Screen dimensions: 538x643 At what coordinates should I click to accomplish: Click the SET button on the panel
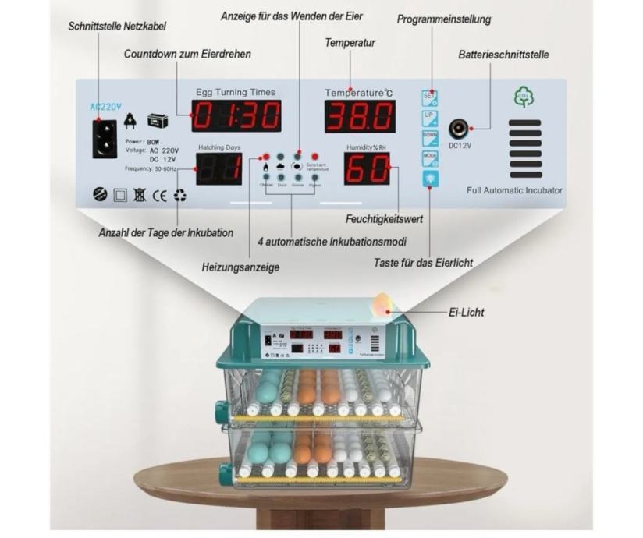coord(429,98)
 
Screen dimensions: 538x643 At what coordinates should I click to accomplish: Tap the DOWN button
coord(429,138)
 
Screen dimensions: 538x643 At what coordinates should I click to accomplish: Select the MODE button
coord(429,158)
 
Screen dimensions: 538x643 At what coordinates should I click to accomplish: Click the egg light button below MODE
coord(429,179)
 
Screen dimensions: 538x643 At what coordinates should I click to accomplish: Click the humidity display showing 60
coord(366,168)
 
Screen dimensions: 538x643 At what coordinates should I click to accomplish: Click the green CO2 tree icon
coord(524,98)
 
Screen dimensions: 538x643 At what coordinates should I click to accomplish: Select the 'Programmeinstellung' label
coord(444,19)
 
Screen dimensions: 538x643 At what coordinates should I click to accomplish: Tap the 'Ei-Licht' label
coord(467,313)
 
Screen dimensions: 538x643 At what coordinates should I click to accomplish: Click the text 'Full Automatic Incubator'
coord(514,190)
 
